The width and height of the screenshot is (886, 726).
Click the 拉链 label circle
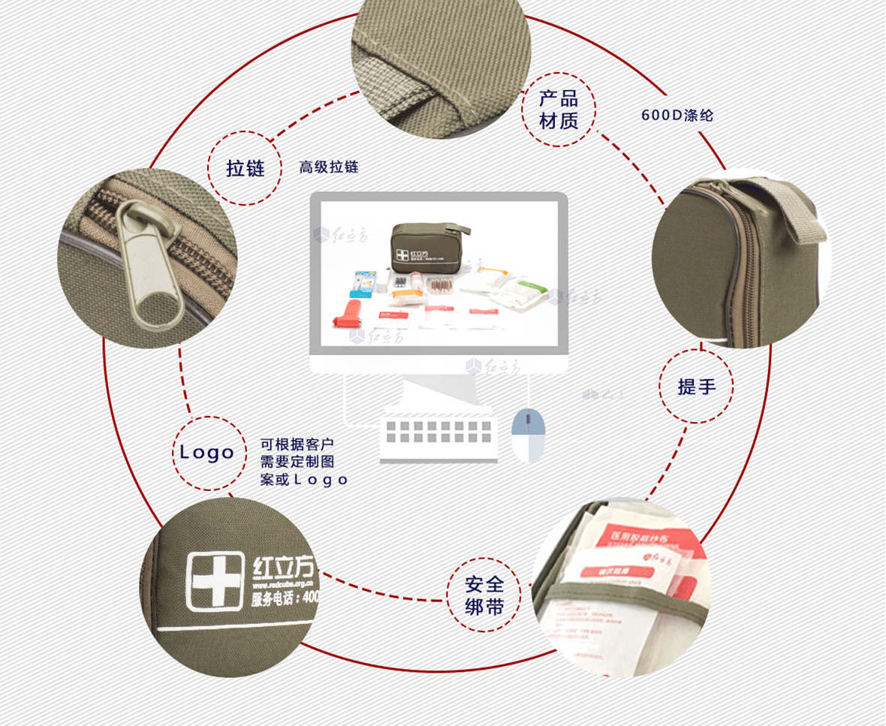246,167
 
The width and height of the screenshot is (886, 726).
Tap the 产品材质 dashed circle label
559,110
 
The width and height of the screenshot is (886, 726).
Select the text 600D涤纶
677,116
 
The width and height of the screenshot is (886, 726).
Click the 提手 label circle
696,387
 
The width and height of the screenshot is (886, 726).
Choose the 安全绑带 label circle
484,595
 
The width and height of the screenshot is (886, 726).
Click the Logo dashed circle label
207,453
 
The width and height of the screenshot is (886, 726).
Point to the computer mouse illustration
527,434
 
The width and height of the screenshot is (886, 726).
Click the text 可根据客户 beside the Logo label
297,444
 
